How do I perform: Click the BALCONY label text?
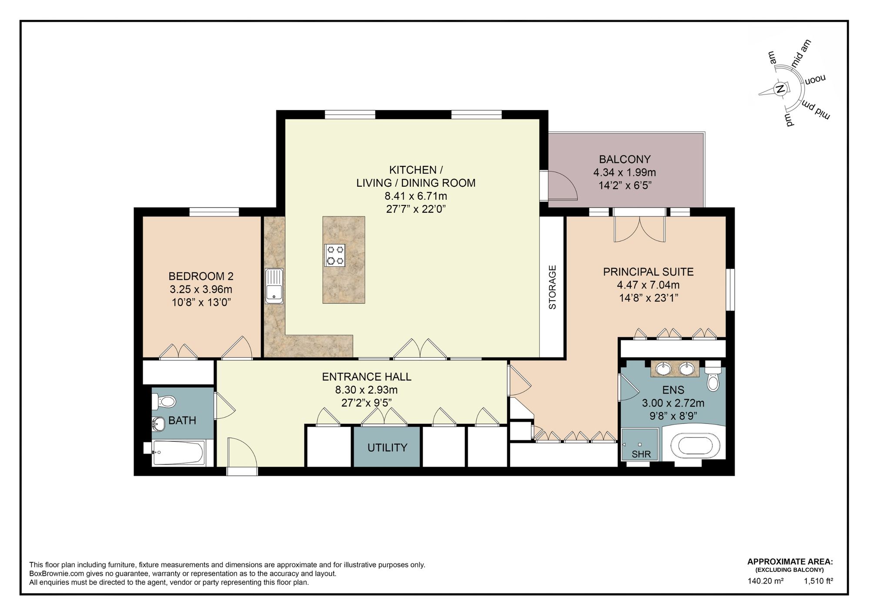point(624,159)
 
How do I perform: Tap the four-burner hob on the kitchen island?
point(335,255)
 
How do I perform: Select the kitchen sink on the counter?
point(274,286)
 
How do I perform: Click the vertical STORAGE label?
point(552,287)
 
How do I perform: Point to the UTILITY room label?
point(387,447)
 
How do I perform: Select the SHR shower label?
point(641,454)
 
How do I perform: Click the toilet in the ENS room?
point(713,379)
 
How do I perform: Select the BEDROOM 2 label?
point(201,276)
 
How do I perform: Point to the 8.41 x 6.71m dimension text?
point(415,196)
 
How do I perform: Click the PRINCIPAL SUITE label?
point(648,272)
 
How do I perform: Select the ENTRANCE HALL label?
point(366,376)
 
